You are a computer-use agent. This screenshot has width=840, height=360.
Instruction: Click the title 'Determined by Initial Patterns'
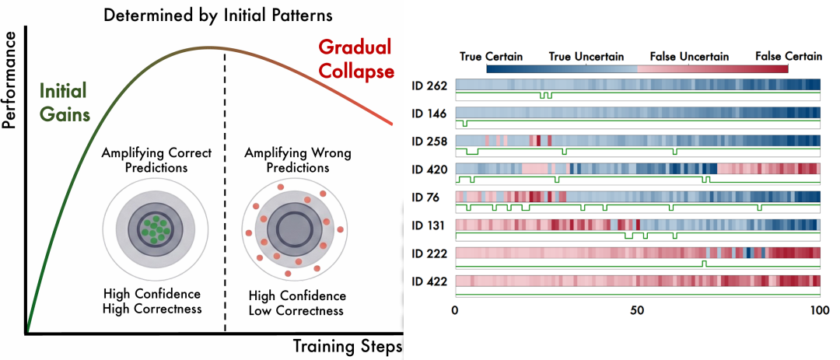(207, 16)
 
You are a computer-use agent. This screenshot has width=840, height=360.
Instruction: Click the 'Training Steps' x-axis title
(347, 344)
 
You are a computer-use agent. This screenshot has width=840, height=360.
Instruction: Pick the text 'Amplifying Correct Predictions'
(145, 159)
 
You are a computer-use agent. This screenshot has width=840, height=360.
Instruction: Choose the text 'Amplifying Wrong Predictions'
(297, 159)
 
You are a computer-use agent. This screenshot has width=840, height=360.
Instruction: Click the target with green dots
(155, 229)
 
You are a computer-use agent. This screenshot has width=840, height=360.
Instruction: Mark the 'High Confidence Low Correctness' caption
(297, 303)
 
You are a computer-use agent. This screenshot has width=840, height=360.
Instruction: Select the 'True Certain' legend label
(491, 57)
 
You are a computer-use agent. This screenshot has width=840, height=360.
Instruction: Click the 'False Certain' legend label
(788, 57)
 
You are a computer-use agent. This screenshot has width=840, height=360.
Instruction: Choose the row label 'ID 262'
(429, 86)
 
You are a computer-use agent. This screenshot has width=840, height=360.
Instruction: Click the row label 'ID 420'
(429, 170)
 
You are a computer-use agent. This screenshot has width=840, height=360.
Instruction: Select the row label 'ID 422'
(429, 281)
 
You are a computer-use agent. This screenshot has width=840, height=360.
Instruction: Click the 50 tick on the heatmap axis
(637, 310)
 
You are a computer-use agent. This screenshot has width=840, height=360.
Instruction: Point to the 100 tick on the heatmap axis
(819, 310)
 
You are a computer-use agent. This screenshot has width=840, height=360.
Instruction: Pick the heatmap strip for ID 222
(637, 253)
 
